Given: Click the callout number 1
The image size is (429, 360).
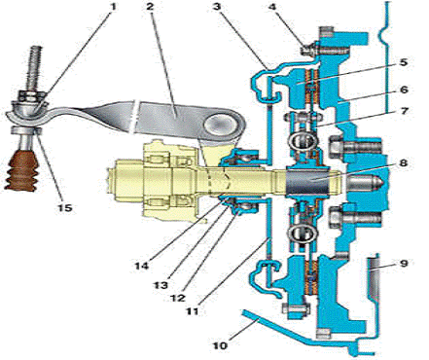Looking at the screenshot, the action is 113,7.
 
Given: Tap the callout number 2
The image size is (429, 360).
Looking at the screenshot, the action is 150,7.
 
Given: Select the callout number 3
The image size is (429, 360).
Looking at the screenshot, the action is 217,7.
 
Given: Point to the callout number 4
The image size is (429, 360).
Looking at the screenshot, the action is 273,7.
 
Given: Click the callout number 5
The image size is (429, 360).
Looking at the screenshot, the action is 403,62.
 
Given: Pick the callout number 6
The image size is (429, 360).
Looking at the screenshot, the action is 404,90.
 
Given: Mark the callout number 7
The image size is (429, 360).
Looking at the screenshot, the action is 404,111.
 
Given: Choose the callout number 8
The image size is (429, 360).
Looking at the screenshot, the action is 403,162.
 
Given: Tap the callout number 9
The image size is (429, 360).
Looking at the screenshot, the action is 404,263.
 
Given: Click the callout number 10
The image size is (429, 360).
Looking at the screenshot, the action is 221,345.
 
